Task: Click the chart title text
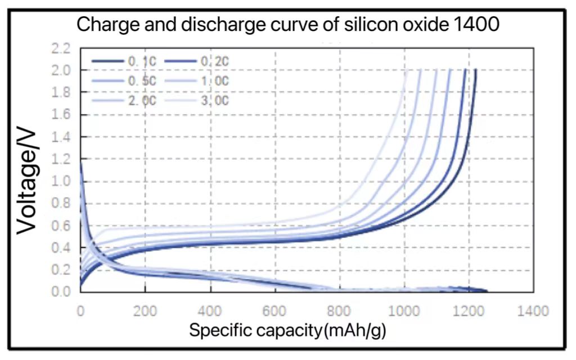pos(287,25)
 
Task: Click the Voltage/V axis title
pos(26,181)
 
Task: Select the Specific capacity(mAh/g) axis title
pos(287,330)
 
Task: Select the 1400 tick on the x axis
pos(533,310)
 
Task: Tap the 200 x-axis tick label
pos(145,310)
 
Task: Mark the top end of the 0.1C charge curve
pos(476,70)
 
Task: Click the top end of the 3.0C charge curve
pos(405,70)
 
